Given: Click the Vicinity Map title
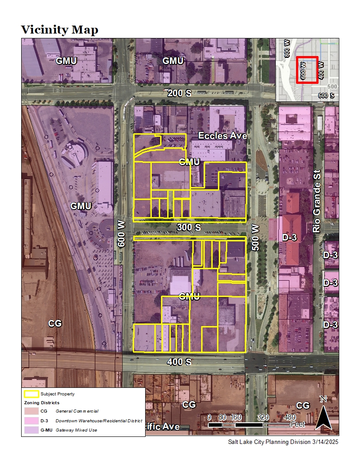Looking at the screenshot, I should (x=60, y=30).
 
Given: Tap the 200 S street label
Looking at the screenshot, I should (x=180, y=93).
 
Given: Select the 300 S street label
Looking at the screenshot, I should (x=189, y=228).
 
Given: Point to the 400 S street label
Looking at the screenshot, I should (x=180, y=362).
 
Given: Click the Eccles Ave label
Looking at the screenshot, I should (x=222, y=136).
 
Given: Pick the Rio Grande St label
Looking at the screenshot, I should (x=316, y=203).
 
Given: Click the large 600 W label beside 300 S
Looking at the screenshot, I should (x=122, y=234).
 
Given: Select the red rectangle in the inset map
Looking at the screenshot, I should (x=307, y=70).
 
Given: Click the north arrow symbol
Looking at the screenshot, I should (x=323, y=415).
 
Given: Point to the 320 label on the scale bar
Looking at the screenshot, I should (x=263, y=417).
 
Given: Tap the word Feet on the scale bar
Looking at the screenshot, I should (x=298, y=425).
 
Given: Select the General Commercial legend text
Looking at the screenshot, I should (x=77, y=411).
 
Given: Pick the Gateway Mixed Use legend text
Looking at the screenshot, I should (x=76, y=430).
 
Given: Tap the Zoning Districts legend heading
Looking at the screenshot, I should (x=41, y=403).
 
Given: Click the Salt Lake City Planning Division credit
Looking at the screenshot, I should (x=283, y=442).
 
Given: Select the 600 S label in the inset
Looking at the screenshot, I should (x=326, y=95).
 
